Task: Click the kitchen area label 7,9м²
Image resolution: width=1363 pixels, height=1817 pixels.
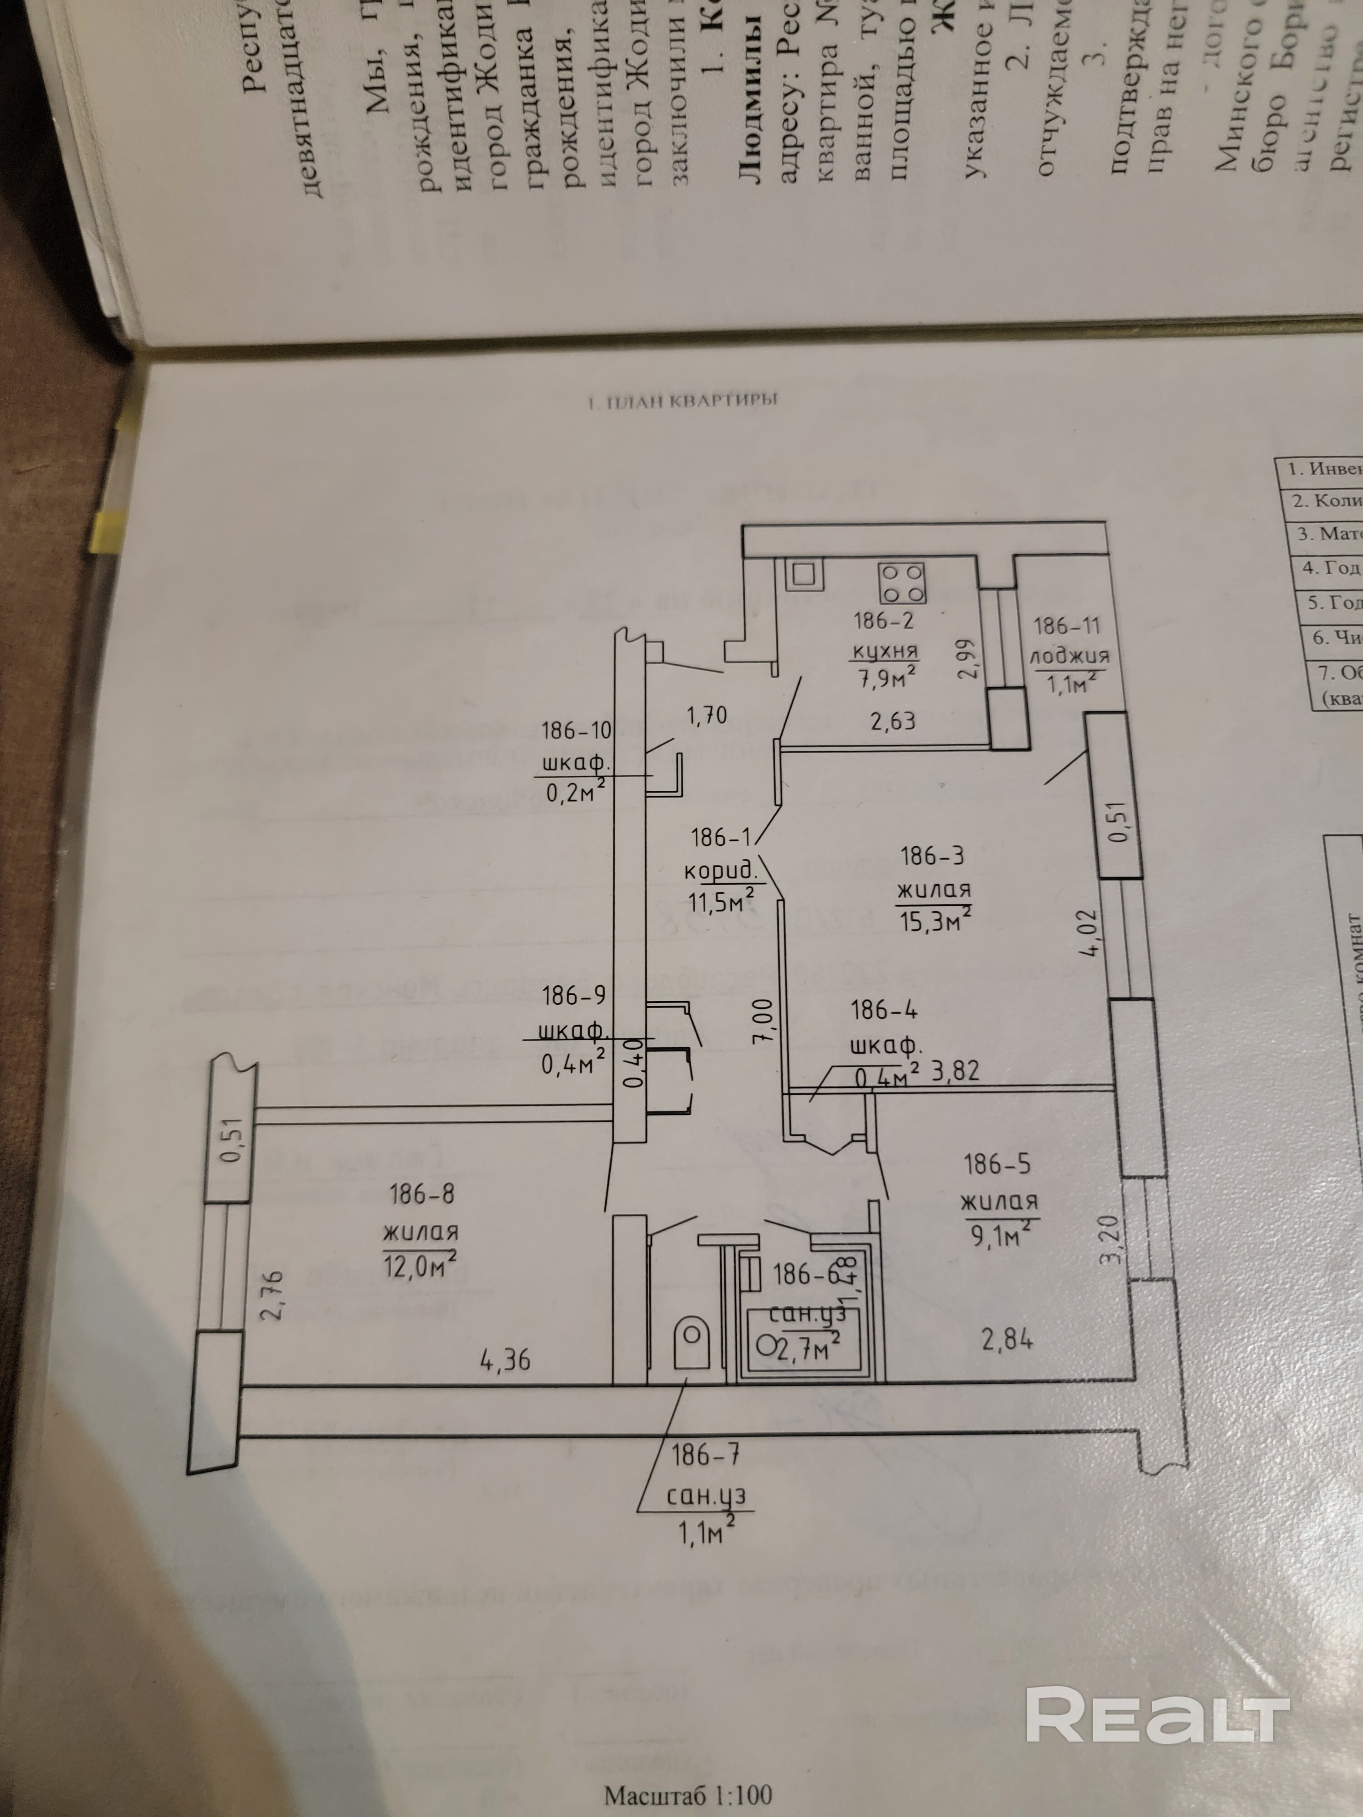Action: (886, 679)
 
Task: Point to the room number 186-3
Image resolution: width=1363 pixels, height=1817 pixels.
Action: (932, 856)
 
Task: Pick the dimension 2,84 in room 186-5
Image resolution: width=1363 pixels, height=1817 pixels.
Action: (1007, 1340)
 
